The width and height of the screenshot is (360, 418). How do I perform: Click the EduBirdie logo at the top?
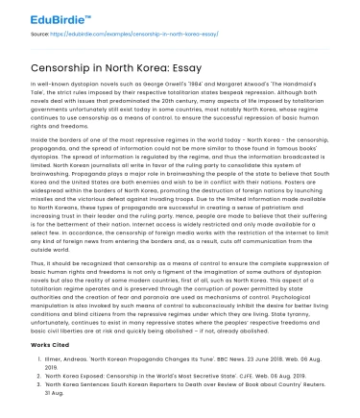point(45,15)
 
